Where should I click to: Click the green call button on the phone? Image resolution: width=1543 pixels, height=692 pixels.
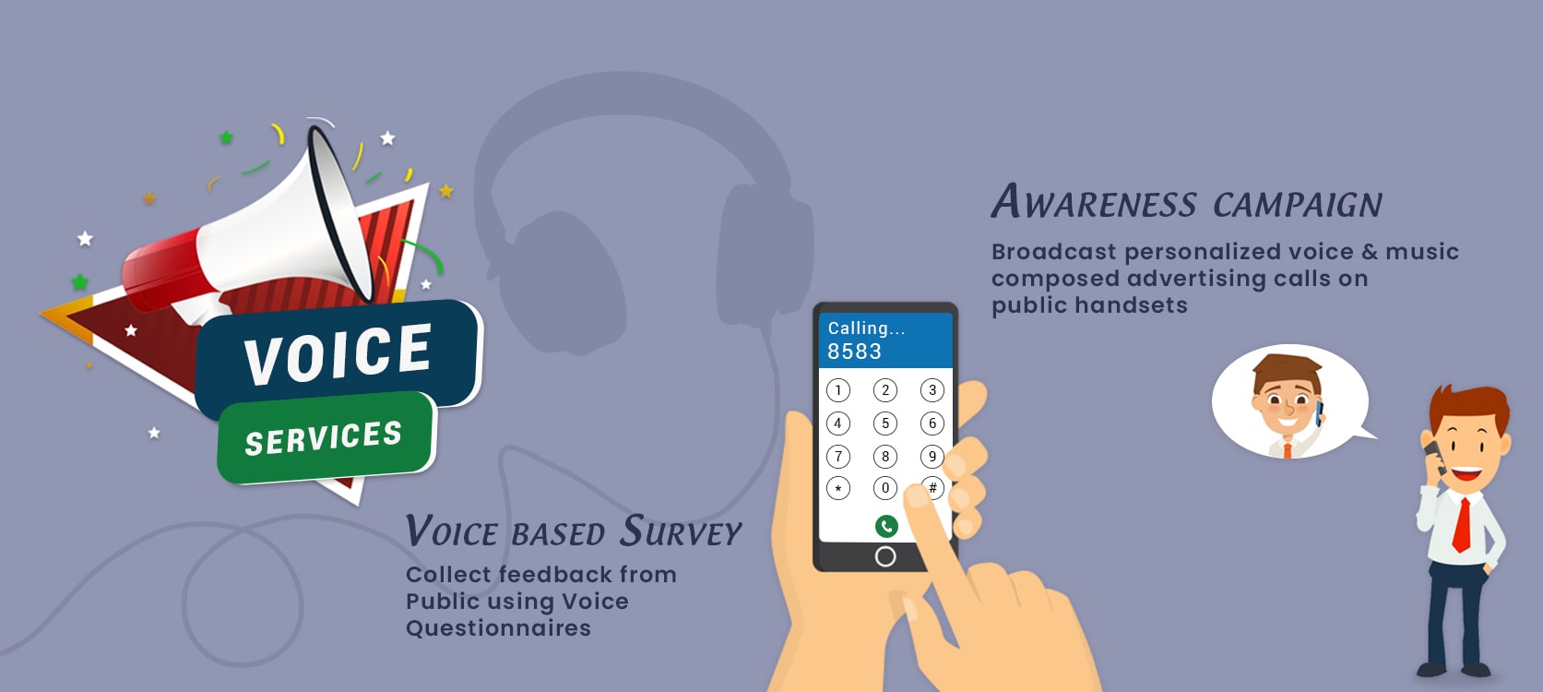pyautogui.click(x=885, y=526)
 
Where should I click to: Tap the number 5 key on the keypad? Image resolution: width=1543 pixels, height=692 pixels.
pyautogui.click(x=885, y=424)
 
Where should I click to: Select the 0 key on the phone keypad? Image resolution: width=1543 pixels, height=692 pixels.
pyautogui.click(x=885, y=488)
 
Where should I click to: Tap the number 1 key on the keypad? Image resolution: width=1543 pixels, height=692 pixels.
pyautogui.click(x=837, y=390)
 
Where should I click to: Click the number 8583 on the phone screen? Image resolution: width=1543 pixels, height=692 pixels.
pyautogui.click(x=854, y=352)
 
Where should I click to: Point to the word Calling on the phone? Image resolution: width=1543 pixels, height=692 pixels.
pyautogui.click(x=858, y=328)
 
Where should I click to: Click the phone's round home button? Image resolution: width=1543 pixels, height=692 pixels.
pyautogui.click(x=885, y=556)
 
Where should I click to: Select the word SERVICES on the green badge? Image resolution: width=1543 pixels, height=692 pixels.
pyautogui.click(x=323, y=437)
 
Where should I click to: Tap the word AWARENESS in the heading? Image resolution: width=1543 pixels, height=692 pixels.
pyautogui.click(x=1094, y=202)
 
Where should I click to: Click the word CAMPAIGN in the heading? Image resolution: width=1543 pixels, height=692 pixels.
pyautogui.click(x=1298, y=205)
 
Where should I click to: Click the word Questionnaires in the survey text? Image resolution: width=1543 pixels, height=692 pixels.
pyautogui.click(x=498, y=628)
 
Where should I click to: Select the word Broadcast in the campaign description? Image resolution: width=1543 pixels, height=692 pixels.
pyautogui.click(x=1053, y=252)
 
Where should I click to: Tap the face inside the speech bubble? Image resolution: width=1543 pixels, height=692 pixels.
pyautogui.click(x=1285, y=401)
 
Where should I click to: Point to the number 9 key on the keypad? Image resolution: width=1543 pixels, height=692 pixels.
pyautogui.click(x=932, y=456)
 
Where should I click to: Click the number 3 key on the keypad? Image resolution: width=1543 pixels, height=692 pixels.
pyautogui.click(x=932, y=390)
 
